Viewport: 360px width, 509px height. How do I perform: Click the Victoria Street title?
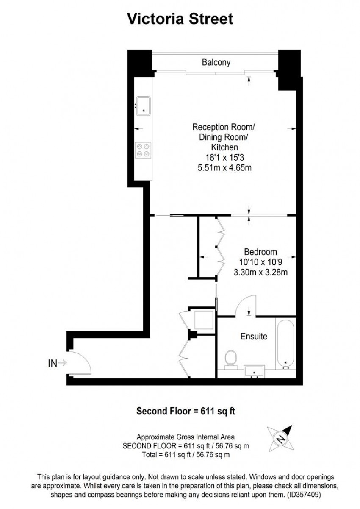pos(180,19)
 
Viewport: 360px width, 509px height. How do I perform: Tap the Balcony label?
pos(216,62)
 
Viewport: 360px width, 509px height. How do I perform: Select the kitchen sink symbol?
pos(143,105)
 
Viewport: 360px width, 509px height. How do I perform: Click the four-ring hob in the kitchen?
pos(143,150)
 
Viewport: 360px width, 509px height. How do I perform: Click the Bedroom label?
pos(260,251)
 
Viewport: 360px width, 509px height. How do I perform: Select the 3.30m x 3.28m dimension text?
pos(260,273)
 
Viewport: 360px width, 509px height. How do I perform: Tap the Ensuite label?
pos(254,337)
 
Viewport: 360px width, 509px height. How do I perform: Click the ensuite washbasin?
pos(255,372)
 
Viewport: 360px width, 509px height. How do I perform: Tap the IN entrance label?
pos(53,363)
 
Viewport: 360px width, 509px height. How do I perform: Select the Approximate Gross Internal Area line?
pos(186,437)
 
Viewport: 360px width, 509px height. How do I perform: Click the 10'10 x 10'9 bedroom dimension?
pos(260,262)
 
